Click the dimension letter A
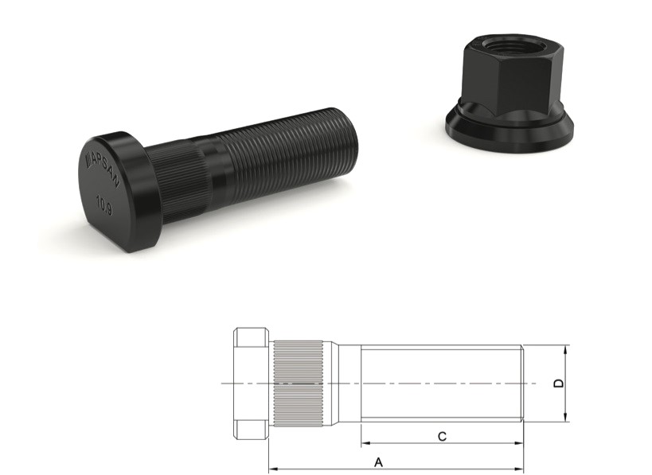coord(379,461)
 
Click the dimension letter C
coord(442,435)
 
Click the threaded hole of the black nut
coord(504,41)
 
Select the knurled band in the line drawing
coord(299,383)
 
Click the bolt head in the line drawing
coord(251,383)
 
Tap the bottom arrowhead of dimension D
coord(564,419)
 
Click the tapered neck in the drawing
coord(346,383)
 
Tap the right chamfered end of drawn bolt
coord(521,383)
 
